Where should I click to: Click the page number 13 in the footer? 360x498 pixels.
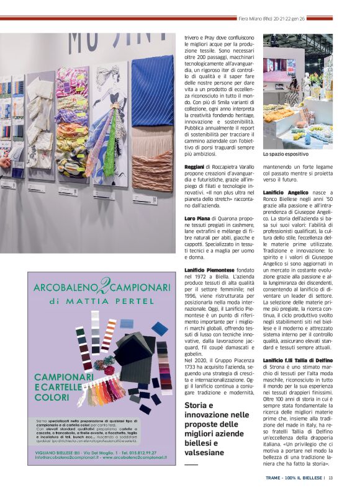point(331,478)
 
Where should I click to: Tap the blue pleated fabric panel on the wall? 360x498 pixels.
point(152,90)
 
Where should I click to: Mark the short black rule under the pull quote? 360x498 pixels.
point(191,463)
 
